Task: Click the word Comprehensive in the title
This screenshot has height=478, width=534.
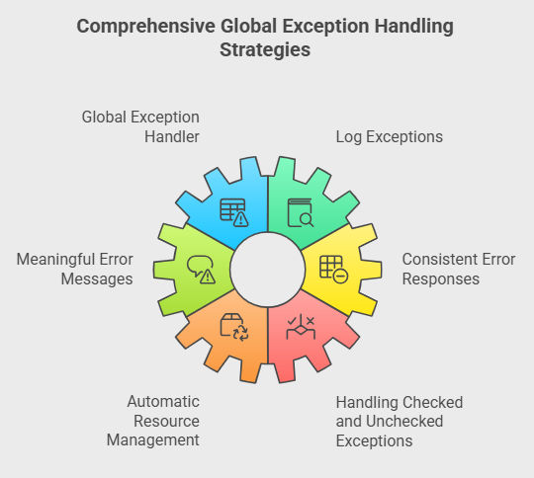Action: (x=145, y=27)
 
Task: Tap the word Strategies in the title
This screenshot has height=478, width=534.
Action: (x=265, y=49)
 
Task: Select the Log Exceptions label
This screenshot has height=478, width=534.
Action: (x=390, y=137)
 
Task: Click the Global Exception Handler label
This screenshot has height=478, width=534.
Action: (x=140, y=126)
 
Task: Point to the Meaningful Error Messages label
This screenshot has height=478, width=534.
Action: (x=74, y=269)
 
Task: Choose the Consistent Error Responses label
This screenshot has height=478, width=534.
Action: (x=459, y=269)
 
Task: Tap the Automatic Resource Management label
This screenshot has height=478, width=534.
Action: (x=153, y=421)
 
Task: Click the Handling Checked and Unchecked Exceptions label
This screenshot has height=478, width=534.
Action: (x=400, y=422)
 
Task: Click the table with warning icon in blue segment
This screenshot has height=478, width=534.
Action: (x=234, y=212)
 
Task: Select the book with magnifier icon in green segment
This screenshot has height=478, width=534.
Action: (x=301, y=213)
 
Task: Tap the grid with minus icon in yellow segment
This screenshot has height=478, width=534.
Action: (x=334, y=270)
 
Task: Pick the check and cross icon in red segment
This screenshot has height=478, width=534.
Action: (x=301, y=327)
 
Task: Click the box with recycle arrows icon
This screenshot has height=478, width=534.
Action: (x=234, y=327)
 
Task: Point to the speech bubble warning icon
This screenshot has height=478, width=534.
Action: (x=201, y=270)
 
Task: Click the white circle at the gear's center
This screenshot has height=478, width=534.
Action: (x=268, y=270)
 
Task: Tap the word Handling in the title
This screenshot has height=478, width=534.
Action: (x=413, y=27)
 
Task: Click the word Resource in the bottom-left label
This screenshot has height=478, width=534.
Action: (x=166, y=421)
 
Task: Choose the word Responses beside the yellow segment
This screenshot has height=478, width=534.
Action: (x=441, y=279)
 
